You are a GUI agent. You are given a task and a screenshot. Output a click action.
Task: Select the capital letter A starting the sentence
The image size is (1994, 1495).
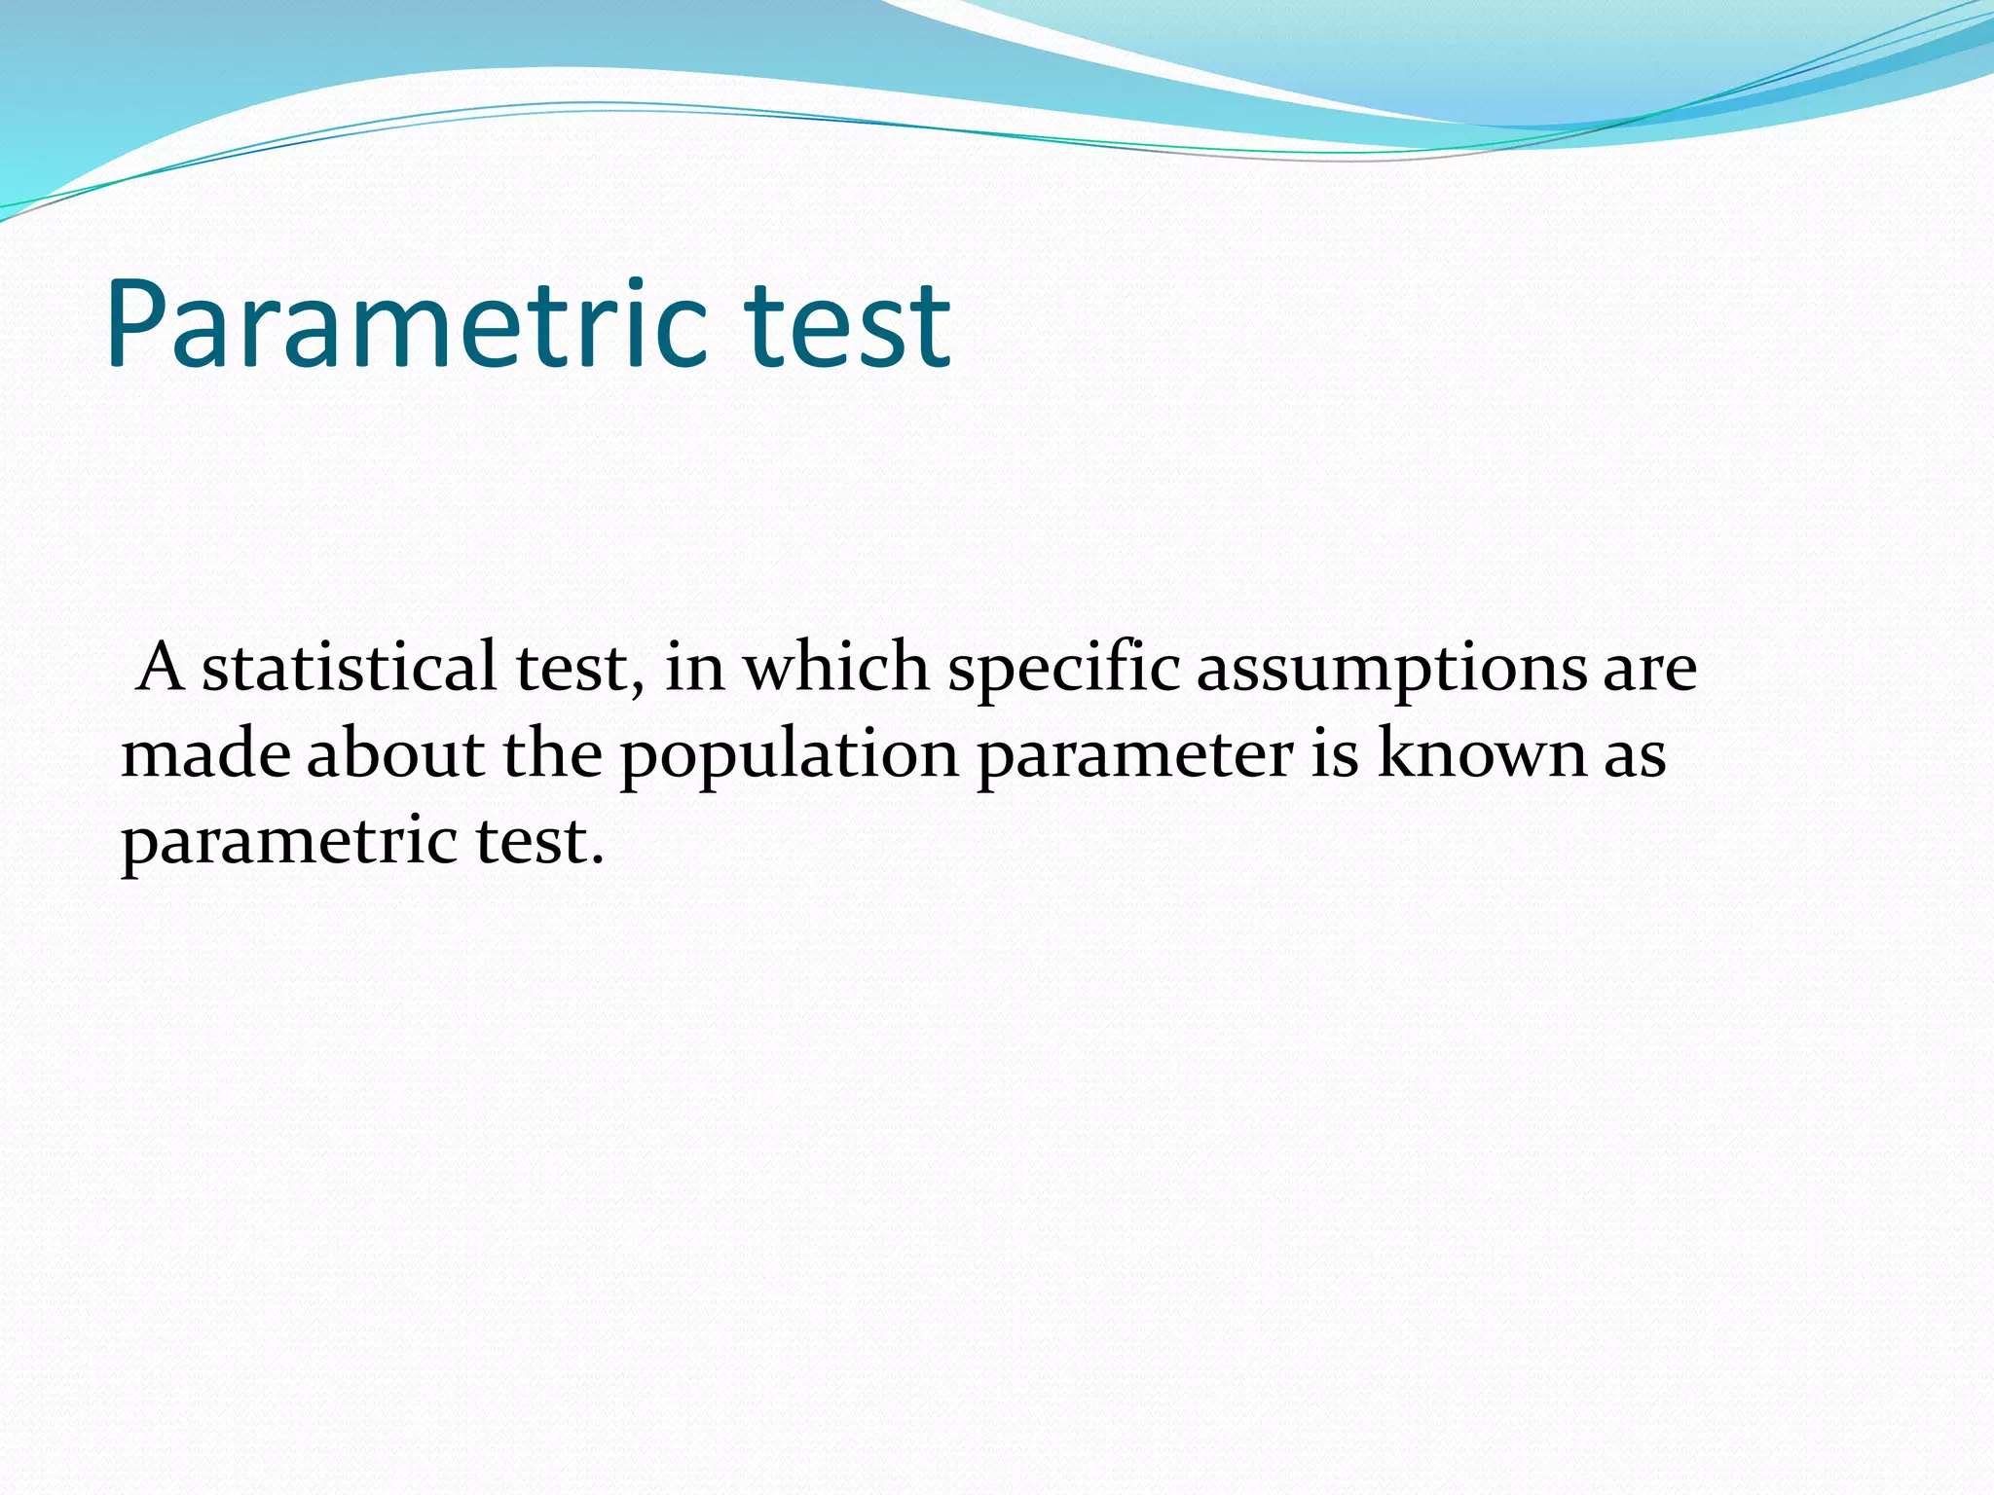coord(161,668)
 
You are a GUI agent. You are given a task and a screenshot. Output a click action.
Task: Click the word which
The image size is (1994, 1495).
coord(836,668)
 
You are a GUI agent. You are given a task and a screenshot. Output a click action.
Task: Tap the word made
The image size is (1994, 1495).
coord(205,755)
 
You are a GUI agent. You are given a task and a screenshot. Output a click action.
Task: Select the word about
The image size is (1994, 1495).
coord(395,755)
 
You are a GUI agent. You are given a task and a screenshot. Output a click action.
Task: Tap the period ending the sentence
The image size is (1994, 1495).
coord(597,862)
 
